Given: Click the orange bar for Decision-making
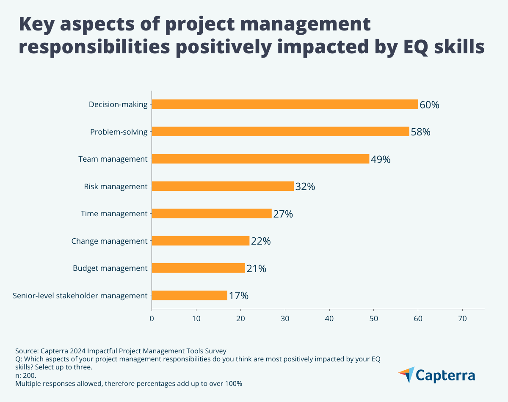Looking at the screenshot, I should coord(284,104).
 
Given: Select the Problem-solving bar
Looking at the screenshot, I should coord(280,132).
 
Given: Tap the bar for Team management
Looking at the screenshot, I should coord(260,159).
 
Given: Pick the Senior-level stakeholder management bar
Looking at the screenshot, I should coord(189,295).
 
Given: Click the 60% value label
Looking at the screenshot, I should coord(429,105).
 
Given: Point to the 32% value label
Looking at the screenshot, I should coord(305,187).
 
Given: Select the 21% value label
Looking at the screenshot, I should coord(256,269).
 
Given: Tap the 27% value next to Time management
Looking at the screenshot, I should coord(283,214).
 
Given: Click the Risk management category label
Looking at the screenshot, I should coord(116,186).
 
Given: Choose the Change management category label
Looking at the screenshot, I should coord(109,241).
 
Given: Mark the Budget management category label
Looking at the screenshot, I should coord(110,268).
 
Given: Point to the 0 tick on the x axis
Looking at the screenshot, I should coord(152,318).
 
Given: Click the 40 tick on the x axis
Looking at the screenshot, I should coord(329,318).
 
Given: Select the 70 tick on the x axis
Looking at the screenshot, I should coord(462,318).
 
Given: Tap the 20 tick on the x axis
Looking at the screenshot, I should coord(240,318).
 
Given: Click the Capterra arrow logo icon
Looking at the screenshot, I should coord(406,375).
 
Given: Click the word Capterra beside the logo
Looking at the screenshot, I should coord(445,376).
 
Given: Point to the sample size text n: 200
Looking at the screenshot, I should coord(26,375).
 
